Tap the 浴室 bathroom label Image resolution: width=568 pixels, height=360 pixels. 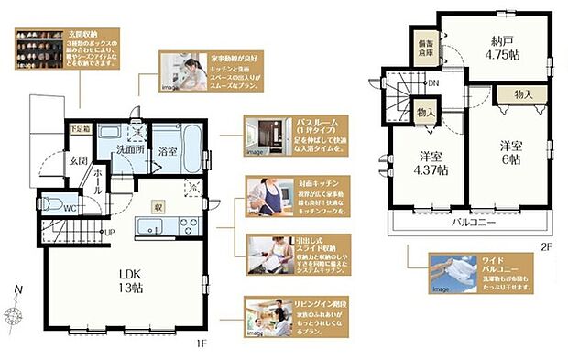(x=169, y=150)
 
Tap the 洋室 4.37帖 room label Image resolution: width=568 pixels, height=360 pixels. (x=429, y=162)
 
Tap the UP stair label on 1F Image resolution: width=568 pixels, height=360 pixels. (x=109, y=233)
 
